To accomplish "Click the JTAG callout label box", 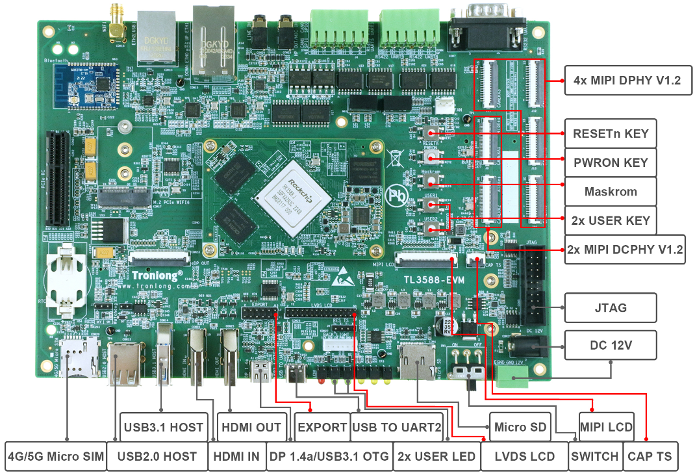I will pos(610,308).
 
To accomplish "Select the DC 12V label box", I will pos(610,345).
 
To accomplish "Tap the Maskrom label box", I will pos(610,192).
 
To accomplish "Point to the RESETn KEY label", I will pos(610,135).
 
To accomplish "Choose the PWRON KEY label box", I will pos(610,162).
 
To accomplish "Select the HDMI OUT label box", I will pos(251,427).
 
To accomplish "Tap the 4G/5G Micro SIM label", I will pos(55,456).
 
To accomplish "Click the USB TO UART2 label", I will pos(396,427).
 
